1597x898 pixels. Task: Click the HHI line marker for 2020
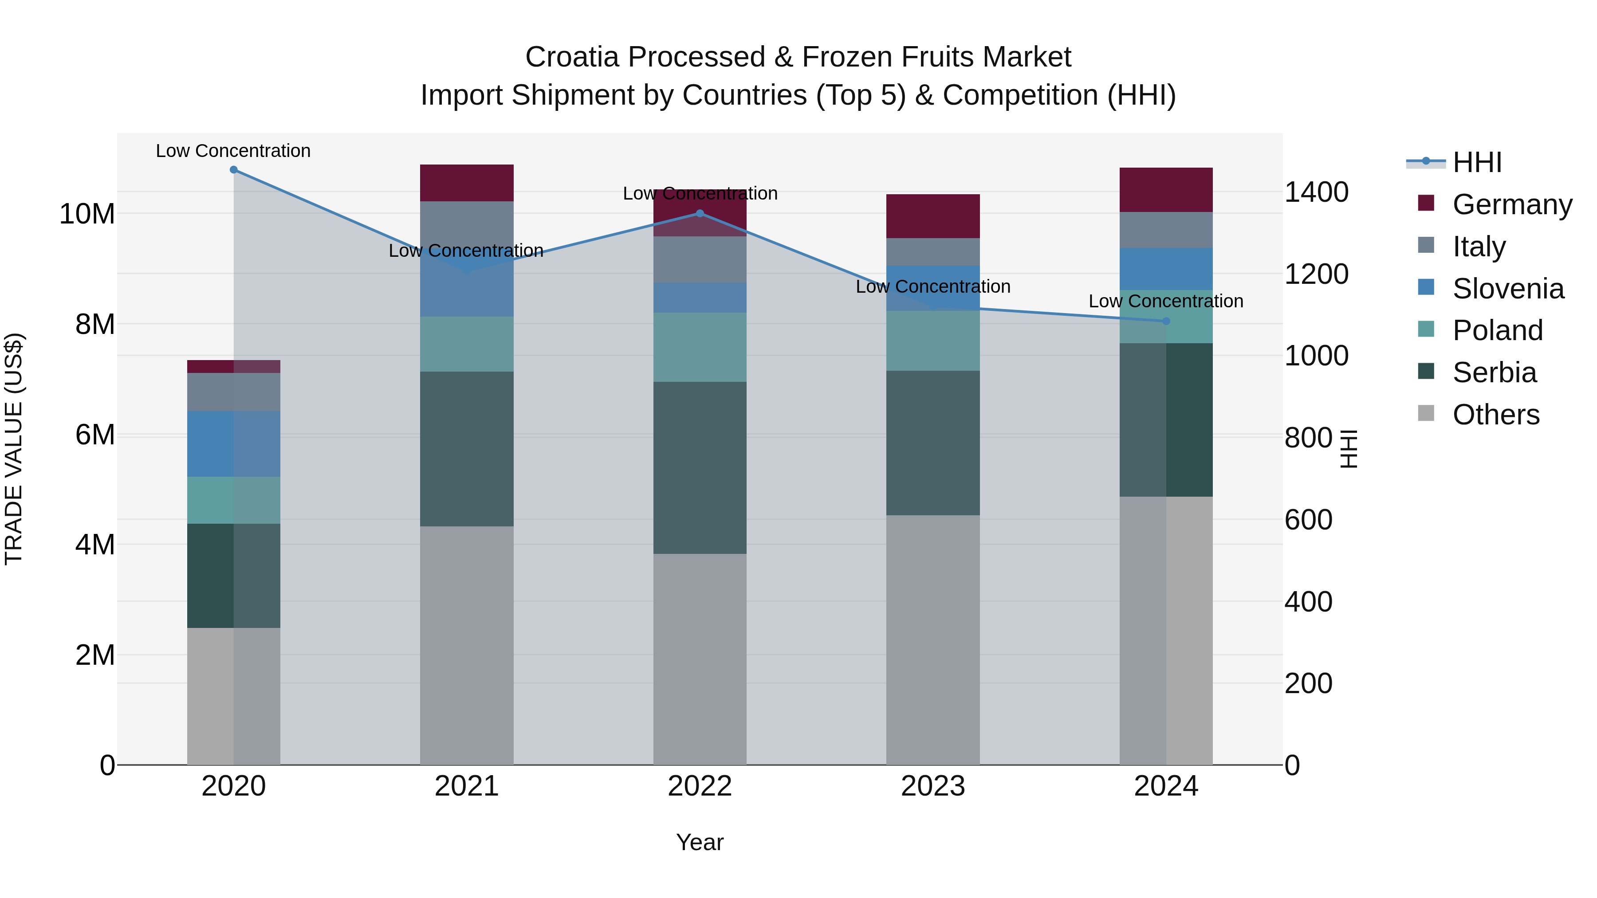pos(234,170)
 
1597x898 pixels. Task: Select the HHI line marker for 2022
pos(700,213)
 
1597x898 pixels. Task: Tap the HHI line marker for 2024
pos(1166,321)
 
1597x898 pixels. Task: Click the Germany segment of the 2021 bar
pos(467,183)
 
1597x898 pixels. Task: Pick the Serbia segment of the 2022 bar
pos(700,467)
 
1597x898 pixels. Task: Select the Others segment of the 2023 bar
pos(933,639)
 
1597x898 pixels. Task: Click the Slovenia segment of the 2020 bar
pos(234,444)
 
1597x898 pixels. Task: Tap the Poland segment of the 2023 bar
pos(933,341)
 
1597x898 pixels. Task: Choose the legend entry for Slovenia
pos(1508,289)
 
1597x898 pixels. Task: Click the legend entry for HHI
pos(1477,162)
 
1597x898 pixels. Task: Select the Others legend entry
pos(1495,415)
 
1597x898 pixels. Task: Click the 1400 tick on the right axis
pos(1316,192)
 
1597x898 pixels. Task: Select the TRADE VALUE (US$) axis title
pos(14,449)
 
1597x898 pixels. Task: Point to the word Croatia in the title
pos(572,58)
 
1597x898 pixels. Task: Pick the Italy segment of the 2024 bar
pos(1166,230)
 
